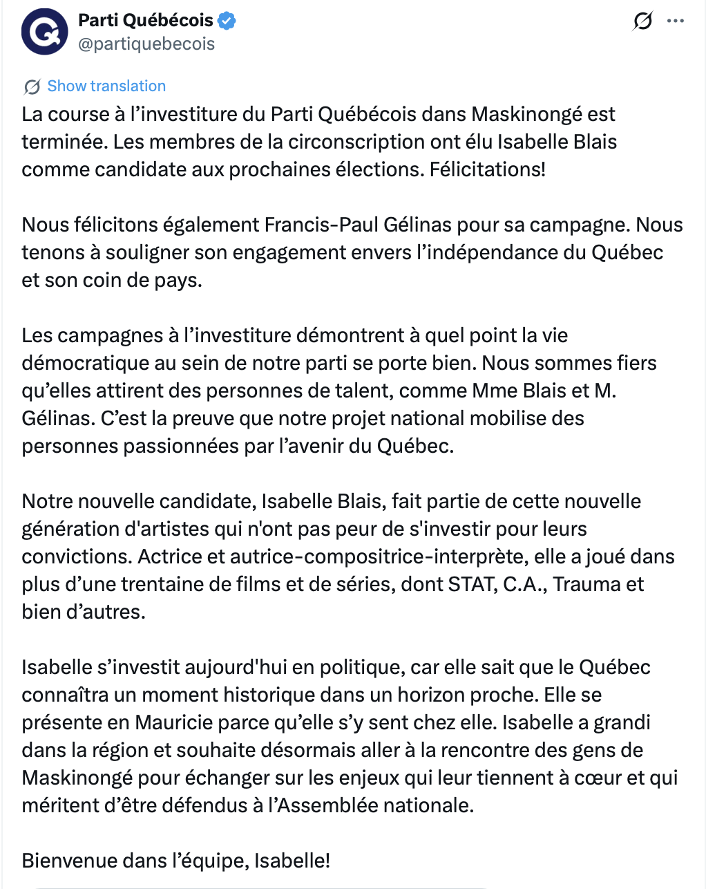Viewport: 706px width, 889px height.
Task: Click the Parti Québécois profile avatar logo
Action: (x=45, y=32)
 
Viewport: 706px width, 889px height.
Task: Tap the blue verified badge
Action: (x=227, y=21)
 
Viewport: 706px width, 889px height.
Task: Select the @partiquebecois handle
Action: (x=146, y=44)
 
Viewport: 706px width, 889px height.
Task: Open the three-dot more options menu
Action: (x=675, y=21)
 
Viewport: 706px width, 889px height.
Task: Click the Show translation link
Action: (x=106, y=86)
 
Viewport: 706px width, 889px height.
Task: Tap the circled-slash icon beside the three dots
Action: (x=642, y=21)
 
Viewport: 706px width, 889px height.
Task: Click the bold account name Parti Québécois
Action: (x=146, y=21)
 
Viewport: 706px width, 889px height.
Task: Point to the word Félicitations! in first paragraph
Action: (x=488, y=169)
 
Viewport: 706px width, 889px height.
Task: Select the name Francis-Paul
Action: (x=318, y=225)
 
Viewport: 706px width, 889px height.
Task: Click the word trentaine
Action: (x=166, y=584)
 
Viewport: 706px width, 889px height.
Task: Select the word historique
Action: (x=324, y=695)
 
